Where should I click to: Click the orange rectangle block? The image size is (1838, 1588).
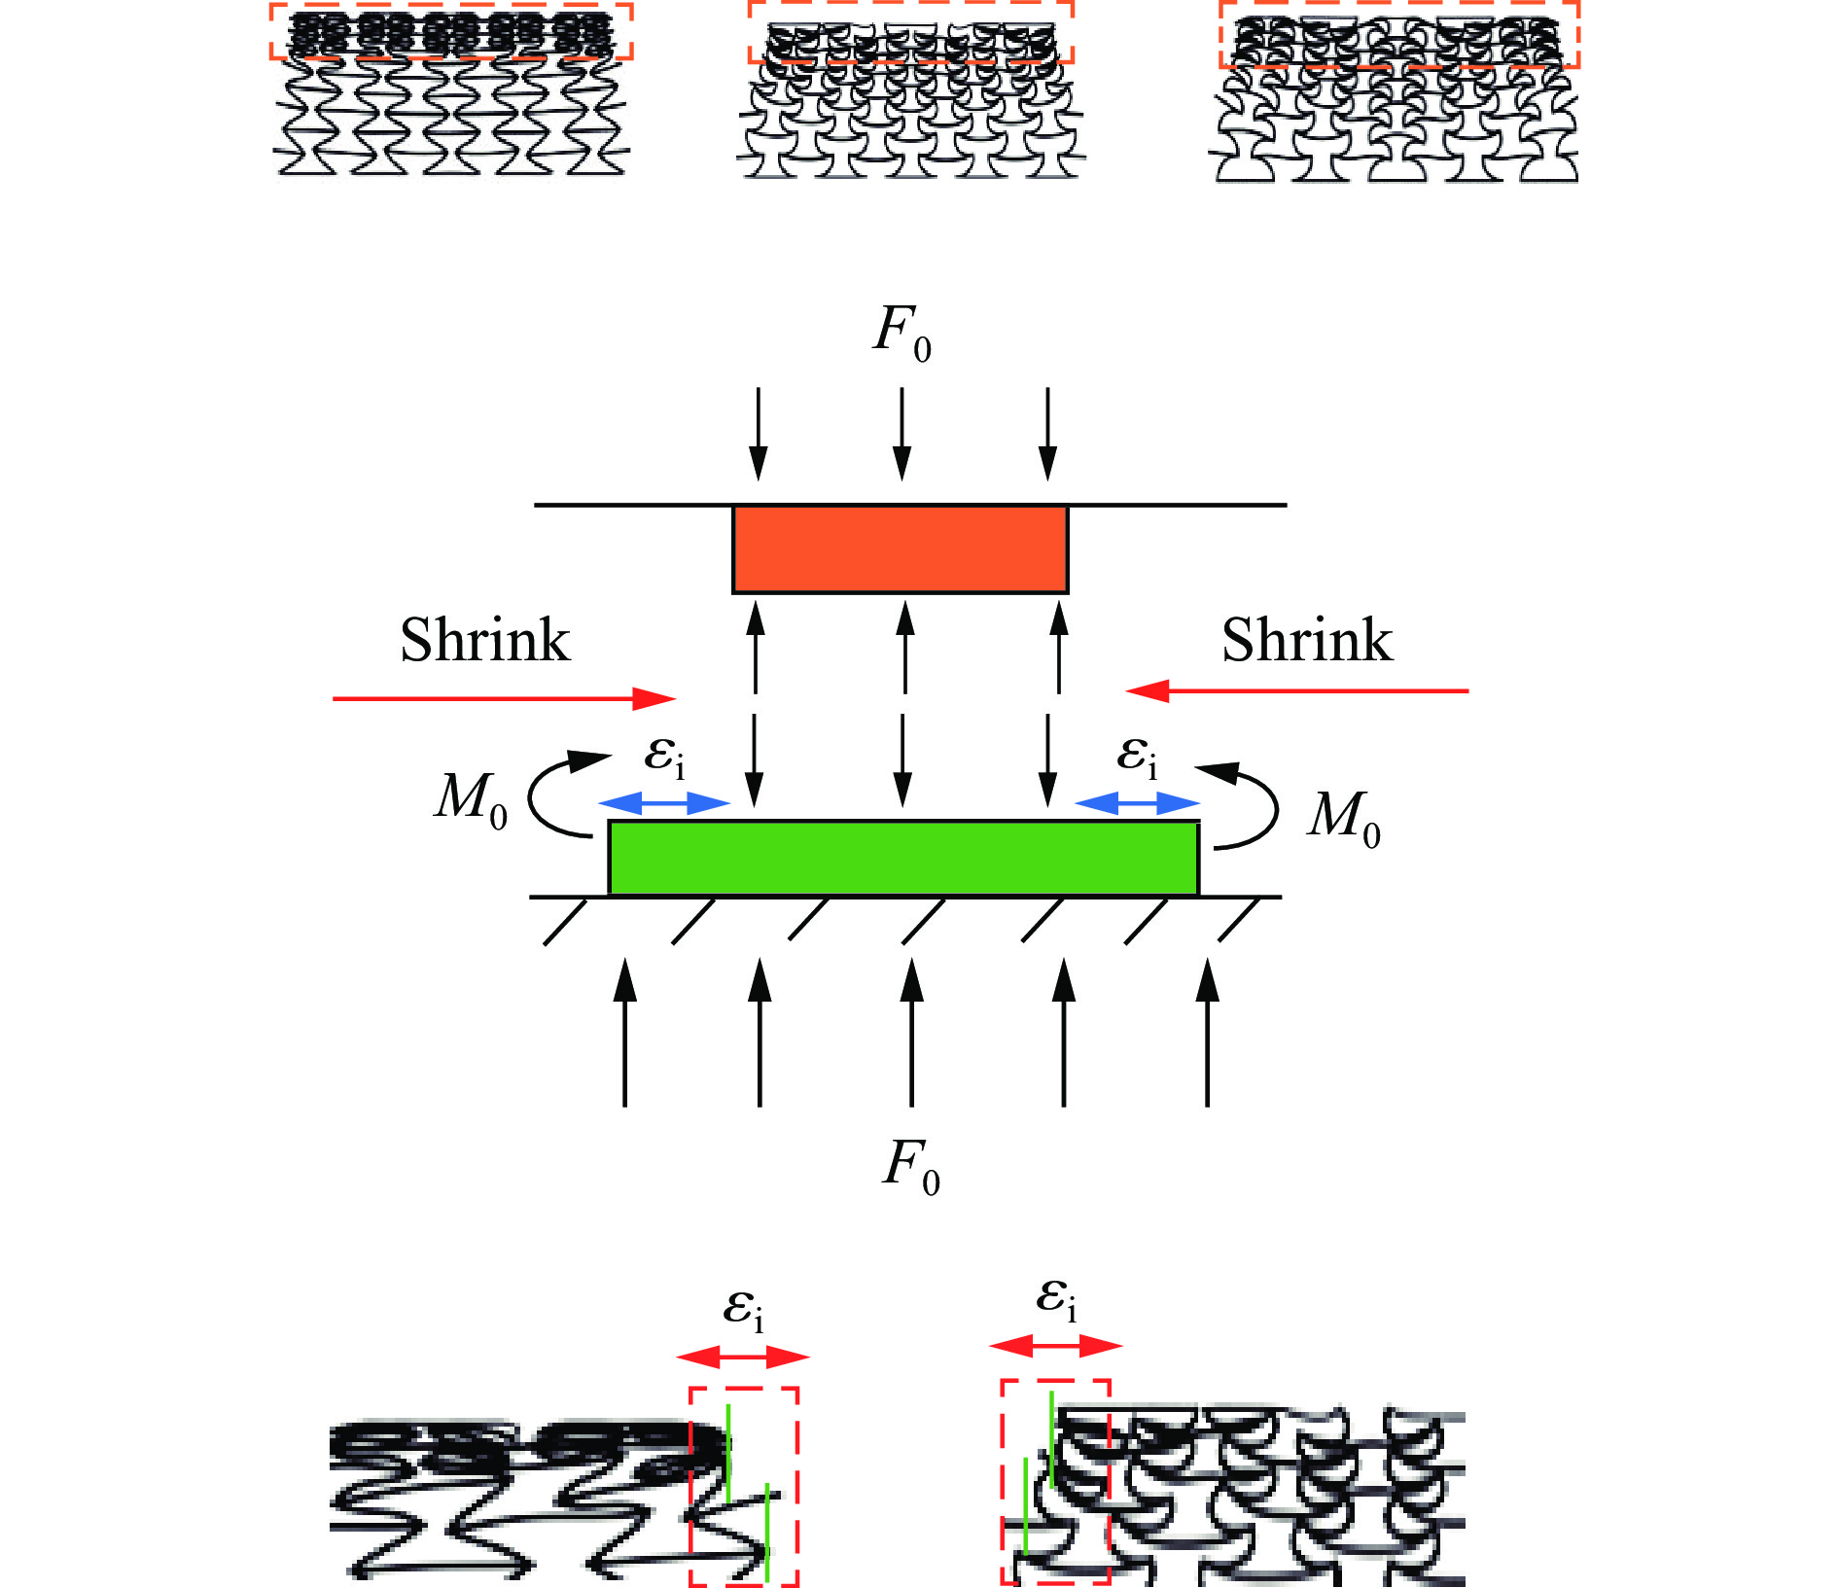click(x=901, y=549)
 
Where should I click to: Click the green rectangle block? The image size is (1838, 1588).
click(x=903, y=858)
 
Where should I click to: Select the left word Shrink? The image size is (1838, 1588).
click(x=484, y=640)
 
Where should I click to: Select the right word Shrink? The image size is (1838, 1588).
click(x=1306, y=640)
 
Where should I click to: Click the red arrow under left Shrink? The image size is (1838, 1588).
click(x=504, y=698)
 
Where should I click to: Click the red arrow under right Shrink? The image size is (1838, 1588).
click(x=1296, y=691)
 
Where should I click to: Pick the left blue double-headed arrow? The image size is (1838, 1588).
click(x=663, y=803)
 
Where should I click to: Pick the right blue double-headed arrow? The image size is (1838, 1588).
click(x=1137, y=803)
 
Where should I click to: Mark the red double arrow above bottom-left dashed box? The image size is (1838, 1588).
click(x=743, y=1357)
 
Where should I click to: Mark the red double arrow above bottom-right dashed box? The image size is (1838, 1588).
click(x=1056, y=1346)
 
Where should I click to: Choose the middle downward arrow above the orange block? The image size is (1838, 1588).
click(x=902, y=434)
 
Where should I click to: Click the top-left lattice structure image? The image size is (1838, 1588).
click(x=451, y=92)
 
